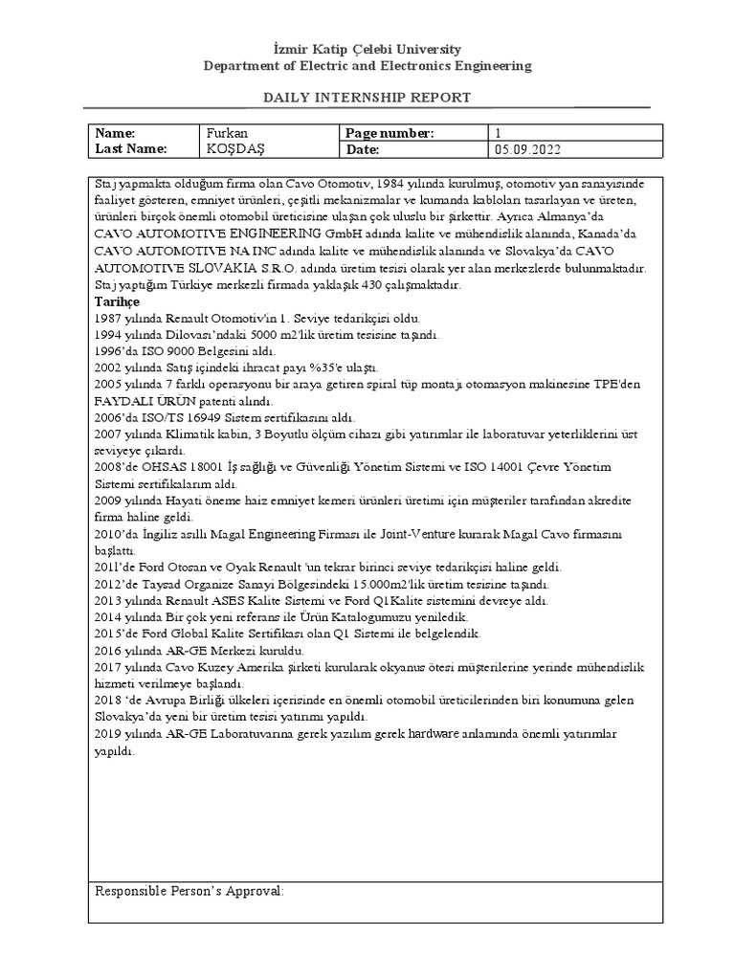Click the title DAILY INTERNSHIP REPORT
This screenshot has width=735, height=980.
point(367,99)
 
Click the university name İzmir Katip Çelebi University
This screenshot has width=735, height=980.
point(367,49)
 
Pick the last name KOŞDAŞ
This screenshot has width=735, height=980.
point(233,149)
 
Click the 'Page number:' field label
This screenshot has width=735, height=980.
point(390,133)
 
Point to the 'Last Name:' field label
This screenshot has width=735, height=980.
point(131,149)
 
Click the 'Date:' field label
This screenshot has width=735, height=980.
point(364,149)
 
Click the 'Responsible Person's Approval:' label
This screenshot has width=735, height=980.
point(189,891)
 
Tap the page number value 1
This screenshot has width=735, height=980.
point(498,133)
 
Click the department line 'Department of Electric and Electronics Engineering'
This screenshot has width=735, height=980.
point(367,66)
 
